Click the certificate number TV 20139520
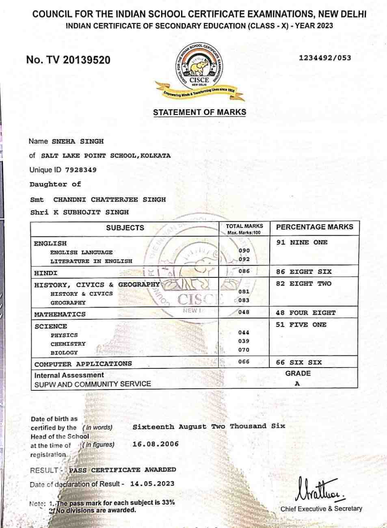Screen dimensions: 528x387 tap(68, 60)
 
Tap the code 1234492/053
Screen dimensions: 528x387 tap(325, 58)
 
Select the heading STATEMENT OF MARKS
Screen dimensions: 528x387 tap(199, 112)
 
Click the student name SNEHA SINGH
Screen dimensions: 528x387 tap(78, 141)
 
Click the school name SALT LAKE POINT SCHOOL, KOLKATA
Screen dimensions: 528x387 tap(106, 156)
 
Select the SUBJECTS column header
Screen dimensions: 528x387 tap(125, 228)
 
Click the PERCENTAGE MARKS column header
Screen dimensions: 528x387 tap(315, 227)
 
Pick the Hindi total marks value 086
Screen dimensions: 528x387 tap(244, 271)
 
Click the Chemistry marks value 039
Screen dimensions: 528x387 tap(244, 341)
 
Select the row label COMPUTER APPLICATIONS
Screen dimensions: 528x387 tap(83, 364)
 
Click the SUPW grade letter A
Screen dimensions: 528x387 tap(297, 384)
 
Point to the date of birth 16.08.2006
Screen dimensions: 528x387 tap(156, 444)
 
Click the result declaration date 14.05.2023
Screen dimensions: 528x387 tap(152, 484)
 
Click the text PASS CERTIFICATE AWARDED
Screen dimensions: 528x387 tap(122, 470)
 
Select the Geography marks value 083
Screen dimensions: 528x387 tap(244, 300)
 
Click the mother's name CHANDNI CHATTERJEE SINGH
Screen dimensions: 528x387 tap(109, 199)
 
